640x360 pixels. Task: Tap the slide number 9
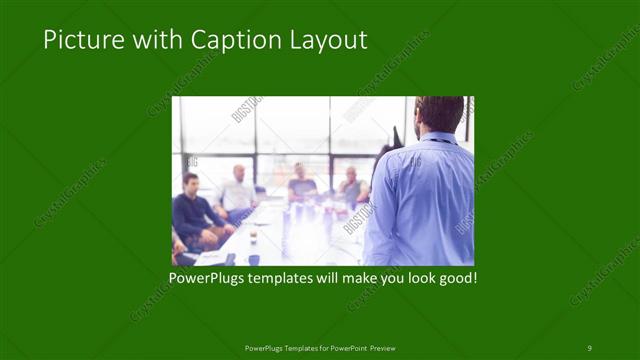tap(589, 348)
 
